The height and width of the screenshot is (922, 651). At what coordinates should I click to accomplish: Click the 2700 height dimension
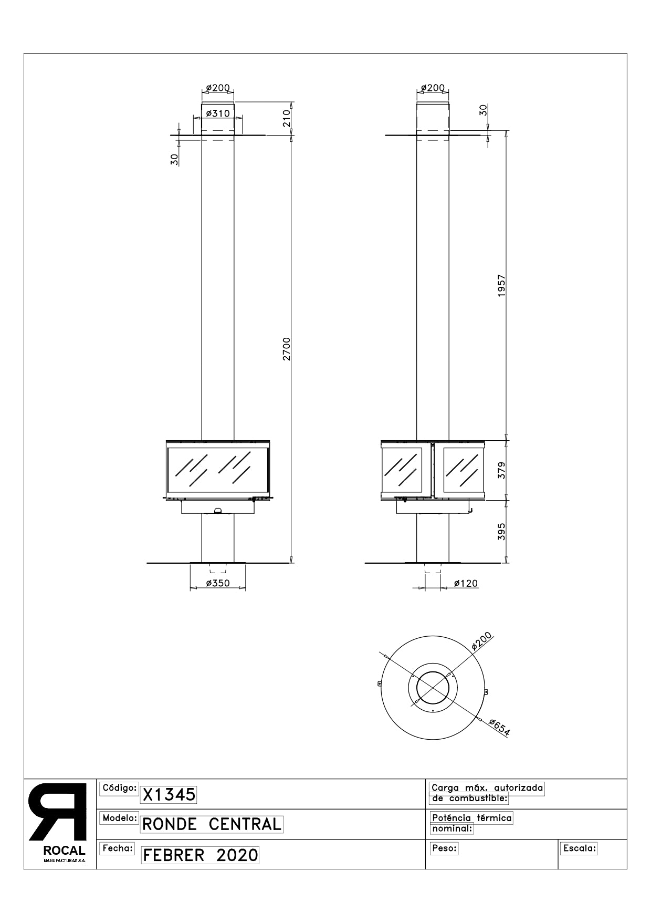coord(286,348)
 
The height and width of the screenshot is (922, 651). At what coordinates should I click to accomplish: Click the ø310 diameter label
coord(218,113)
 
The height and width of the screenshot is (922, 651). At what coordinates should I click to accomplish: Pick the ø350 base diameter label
coord(218,583)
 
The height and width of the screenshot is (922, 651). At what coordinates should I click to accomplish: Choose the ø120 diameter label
coord(466,583)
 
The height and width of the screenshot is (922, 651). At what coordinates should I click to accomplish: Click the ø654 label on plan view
coord(499,728)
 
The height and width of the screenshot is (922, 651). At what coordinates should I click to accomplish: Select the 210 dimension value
coord(286,119)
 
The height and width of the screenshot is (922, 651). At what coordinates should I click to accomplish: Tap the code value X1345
coord(169,795)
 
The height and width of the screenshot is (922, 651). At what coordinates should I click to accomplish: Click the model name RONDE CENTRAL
coord(212,824)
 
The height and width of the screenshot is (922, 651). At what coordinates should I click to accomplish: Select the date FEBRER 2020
coord(201,855)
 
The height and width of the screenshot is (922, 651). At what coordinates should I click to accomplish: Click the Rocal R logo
coord(58,812)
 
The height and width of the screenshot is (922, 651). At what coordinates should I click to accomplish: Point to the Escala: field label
coord(580,848)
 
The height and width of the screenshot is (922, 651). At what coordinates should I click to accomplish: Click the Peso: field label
coord(444,848)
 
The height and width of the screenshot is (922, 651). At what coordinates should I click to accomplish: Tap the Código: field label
coord(119,788)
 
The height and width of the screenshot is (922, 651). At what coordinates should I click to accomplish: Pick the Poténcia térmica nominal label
coord(471,823)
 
